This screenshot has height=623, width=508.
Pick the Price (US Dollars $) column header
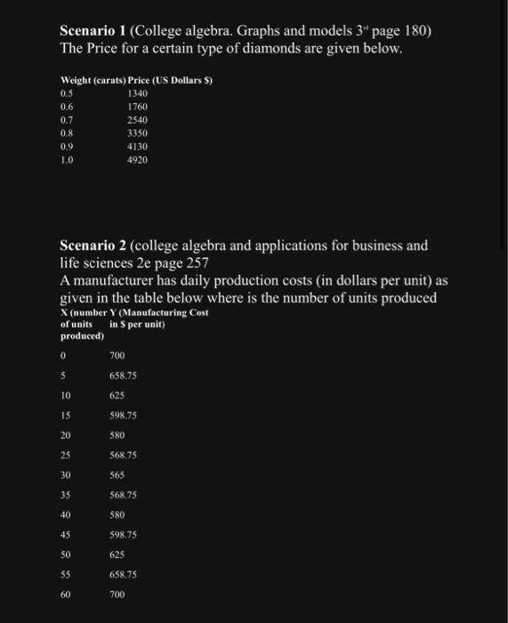[x=165, y=81]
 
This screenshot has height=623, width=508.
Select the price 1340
[x=137, y=93]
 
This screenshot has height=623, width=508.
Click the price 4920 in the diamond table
[x=137, y=161]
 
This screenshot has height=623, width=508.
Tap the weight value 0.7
[x=67, y=120]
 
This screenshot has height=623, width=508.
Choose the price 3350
[x=137, y=134]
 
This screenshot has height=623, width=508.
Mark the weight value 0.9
[x=67, y=148]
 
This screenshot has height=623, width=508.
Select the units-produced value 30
[x=66, y=475]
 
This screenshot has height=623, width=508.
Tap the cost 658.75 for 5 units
[x=122, y=376]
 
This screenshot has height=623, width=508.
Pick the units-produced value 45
[x=66, y=534]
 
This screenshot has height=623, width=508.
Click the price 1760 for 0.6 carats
[x=137, y=107]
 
